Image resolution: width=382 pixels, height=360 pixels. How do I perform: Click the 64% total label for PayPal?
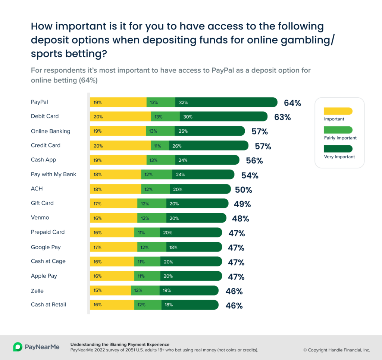point(292,103)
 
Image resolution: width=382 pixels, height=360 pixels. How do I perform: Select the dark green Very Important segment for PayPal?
point(226,102)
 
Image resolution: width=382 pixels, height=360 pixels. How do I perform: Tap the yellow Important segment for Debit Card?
point(120,117)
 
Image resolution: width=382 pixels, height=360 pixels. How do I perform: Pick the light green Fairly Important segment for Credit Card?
point(160,146)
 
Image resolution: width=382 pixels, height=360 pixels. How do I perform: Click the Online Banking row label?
point(50,131)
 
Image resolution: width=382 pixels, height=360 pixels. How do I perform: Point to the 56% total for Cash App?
point(254,161)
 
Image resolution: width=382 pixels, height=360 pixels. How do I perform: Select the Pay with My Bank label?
point(53,174)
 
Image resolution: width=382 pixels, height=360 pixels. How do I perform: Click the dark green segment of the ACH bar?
point(200,189)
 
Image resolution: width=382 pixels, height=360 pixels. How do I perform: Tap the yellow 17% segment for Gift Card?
point(113,203)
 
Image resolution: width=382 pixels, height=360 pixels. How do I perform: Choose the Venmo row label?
point(40,217)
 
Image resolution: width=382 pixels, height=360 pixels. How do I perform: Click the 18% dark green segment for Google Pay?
point(194,247)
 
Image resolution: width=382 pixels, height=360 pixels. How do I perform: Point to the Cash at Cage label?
point(48,261)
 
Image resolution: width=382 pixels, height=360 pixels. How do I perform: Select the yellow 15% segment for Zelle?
point(110,290)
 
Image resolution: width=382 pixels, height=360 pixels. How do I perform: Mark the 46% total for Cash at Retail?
point(234,306)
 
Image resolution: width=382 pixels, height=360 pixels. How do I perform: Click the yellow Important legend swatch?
point(338,111)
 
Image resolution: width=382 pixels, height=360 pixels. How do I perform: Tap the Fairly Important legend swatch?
point(338,130)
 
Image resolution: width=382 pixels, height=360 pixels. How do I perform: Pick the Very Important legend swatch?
point(338,149)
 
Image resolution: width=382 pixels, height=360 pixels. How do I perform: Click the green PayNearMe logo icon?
point(18,347)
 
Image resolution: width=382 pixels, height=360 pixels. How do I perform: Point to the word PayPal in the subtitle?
point(223,70)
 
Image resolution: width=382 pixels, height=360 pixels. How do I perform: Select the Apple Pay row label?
point(44,276)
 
